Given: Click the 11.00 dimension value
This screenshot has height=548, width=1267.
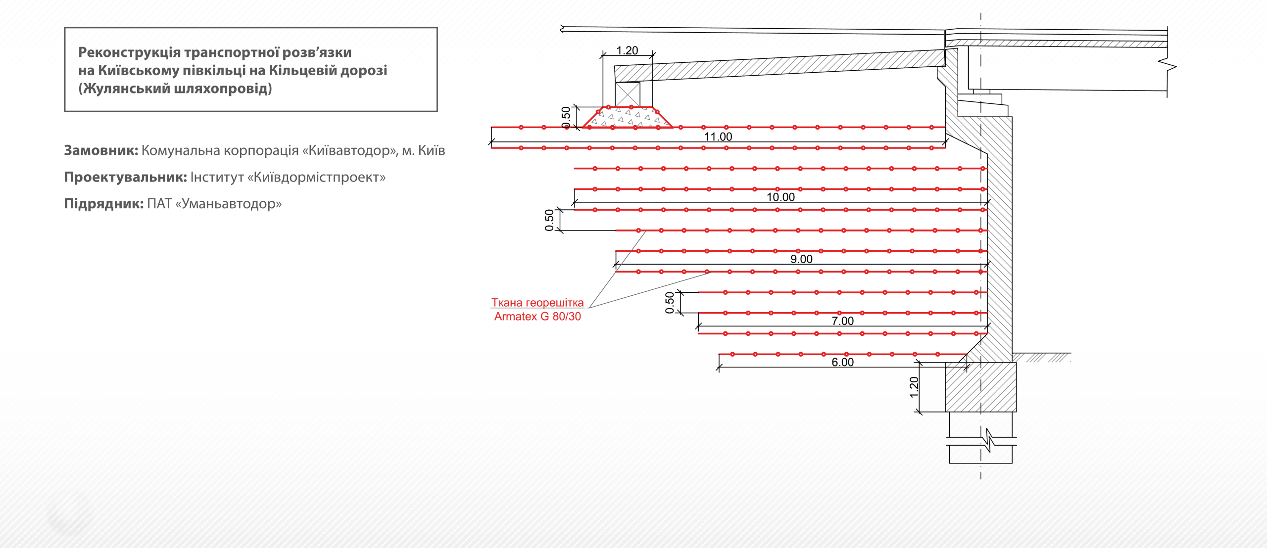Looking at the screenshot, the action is [718, 137].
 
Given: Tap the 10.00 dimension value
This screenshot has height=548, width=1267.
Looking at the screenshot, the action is [780, 197].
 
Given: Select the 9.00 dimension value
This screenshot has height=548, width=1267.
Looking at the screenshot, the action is [801, 259].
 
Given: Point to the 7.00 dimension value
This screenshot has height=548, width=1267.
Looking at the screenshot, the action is [842, 320].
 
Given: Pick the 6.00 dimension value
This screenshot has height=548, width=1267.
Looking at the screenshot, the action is [842, 362].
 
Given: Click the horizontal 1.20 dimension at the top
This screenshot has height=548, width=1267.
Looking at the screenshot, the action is [627, 50].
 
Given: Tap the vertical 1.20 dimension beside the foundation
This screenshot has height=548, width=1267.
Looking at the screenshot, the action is [914, 387].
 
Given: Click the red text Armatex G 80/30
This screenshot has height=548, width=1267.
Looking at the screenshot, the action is [537, 317].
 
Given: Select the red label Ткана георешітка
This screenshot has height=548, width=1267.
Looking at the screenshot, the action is [537, 303].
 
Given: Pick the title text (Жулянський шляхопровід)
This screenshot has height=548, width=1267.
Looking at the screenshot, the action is [175, 89].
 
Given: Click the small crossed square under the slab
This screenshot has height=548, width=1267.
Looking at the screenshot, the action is [627, 94].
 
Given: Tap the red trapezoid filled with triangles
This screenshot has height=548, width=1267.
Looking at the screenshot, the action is [628, 117].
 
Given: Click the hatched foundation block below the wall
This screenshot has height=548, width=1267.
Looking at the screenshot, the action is [980, 387].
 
